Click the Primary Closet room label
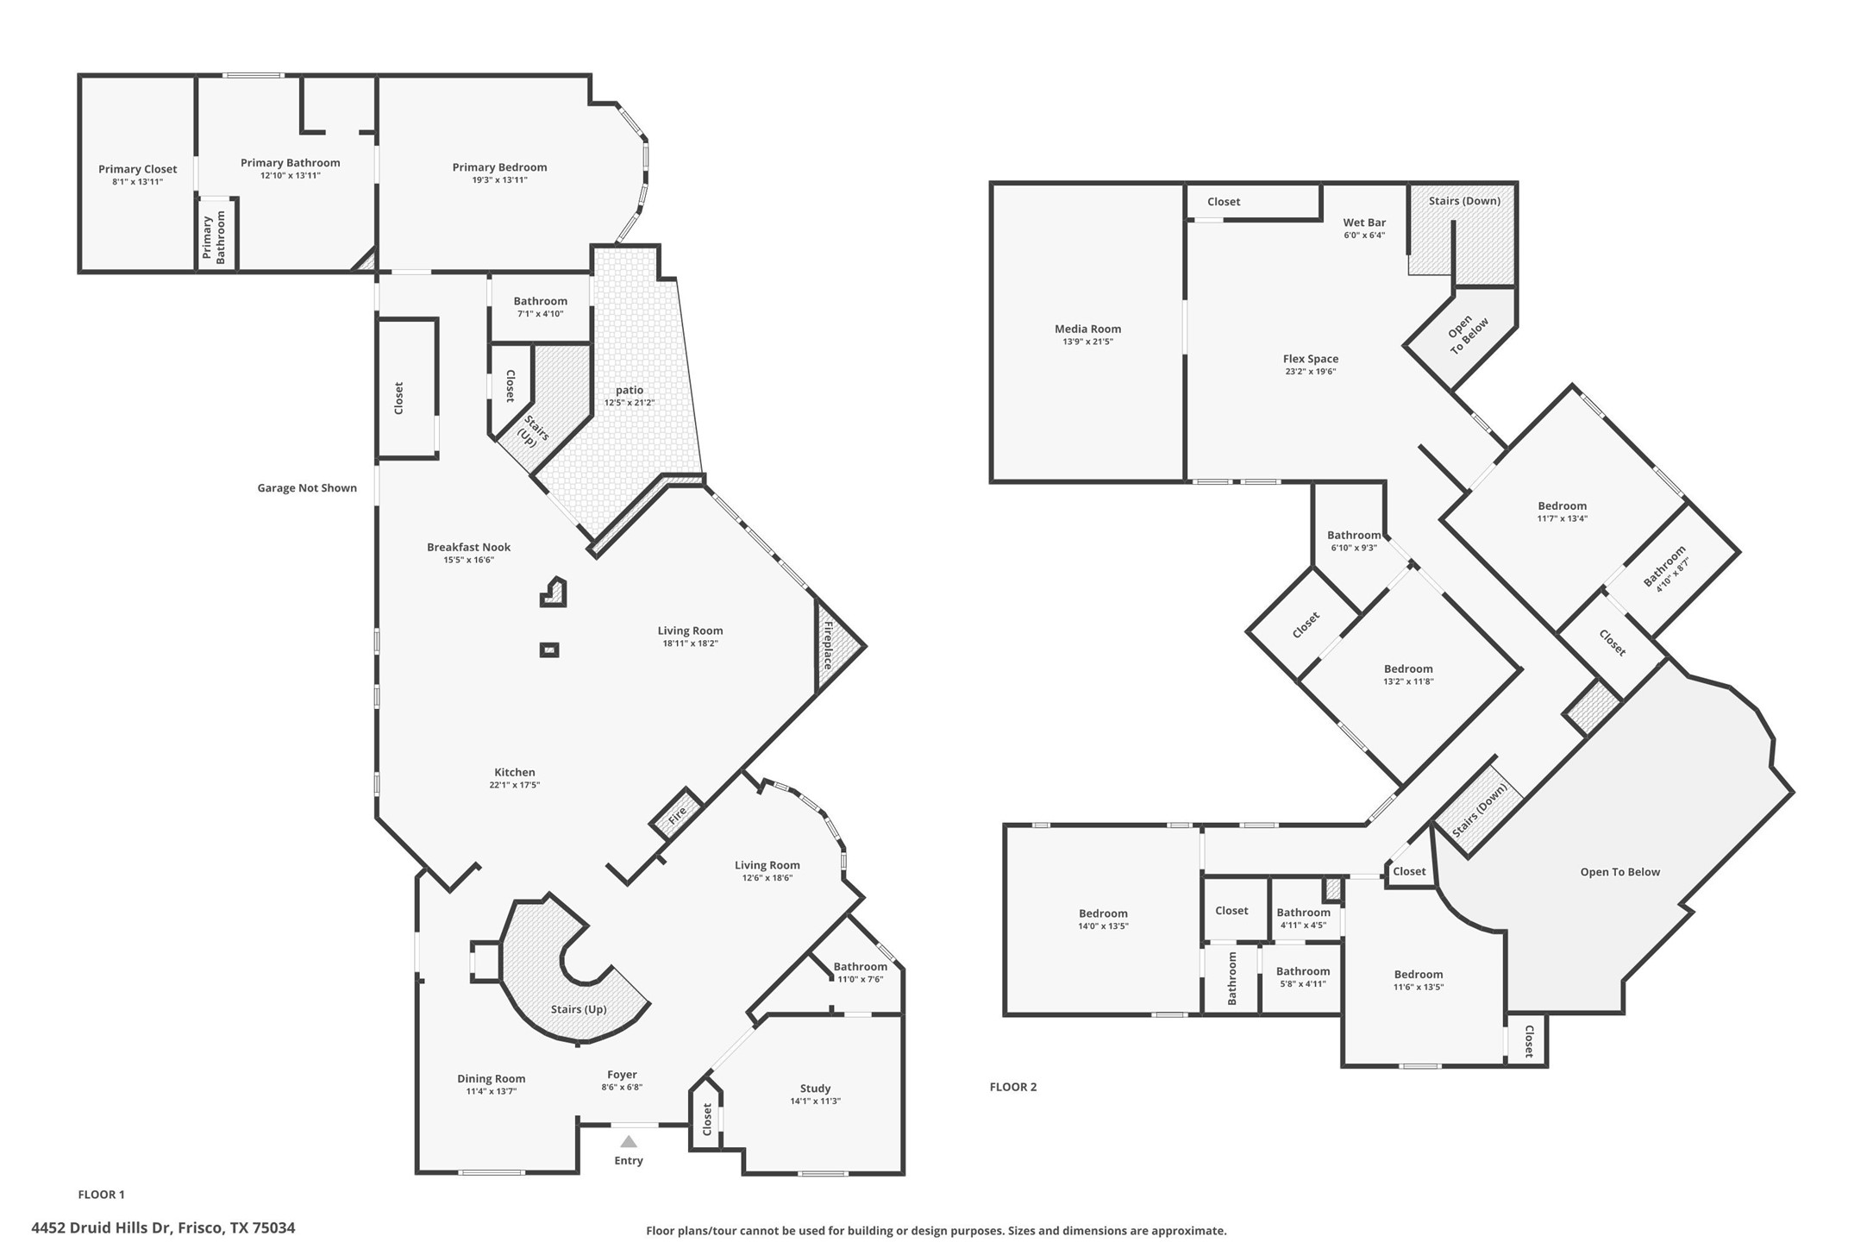pos(137,169)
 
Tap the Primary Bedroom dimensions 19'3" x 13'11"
pos(499,180)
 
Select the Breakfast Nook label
pos(468,547)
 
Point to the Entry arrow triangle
pos(629,1142)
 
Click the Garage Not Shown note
pos(307,488)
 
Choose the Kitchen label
pos(515,772)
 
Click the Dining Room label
pos(491,1078)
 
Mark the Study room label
pos(815,1089)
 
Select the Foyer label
pos(622,1075)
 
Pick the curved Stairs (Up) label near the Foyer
pos(579,1009)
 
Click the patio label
pos(630,390)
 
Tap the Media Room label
pos(1087,329)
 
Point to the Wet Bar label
pos(1364,223)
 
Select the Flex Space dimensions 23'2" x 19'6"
pos(1310,372)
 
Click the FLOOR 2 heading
pos(1013,1087)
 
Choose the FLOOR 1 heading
pos(101,1195)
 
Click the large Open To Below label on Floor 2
pos(1619,872)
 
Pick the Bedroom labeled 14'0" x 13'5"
pos(1103,913)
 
